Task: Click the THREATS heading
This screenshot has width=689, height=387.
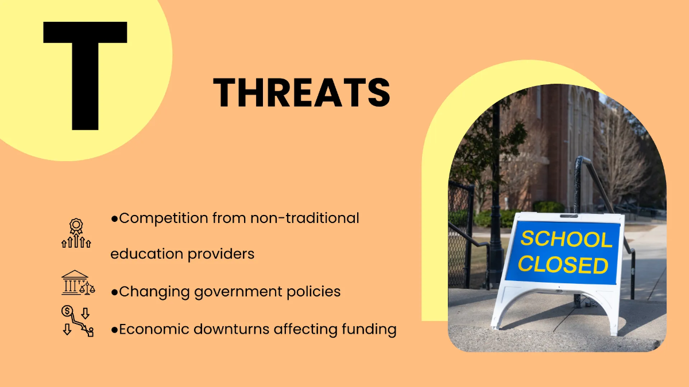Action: coord(301,92)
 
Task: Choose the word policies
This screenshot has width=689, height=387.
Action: coord(312,292)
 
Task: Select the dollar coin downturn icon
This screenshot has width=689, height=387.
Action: coord(77,320)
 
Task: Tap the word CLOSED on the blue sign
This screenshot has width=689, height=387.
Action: coord(563,265)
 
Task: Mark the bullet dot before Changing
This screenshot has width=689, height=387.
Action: coord(114,292)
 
